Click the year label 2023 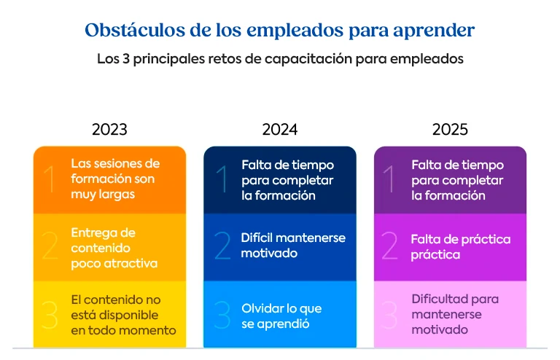pyautogui.click(x=109, y=130)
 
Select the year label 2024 pyautogui.click(x=280, y=130)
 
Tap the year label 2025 pyautogui.click(x=450, y=130)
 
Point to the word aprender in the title pyautogui.click(x=435, y=31)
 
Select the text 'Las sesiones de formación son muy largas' pyautogui.click(x=115, y=179)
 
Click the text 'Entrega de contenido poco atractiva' pyautogui.click(x=114, y=248)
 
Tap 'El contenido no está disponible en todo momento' pyautogui.click(x=123, y=316)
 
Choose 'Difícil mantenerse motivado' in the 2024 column pyautogui.click(x=293, y=246)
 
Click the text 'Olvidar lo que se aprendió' pyautogui.click(x=281, y=316)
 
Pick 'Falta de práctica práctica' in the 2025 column pyautogui.click(x=460, y=246)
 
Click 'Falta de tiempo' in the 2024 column pyautogui.click(x=287, y=165)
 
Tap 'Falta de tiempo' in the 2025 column pyautogui.click(x=457, y=165)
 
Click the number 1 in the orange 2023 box pyautogui.click(x=50, y=179)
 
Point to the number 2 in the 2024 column pyautogui.click(x=222, y=246)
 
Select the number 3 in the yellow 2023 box pyautogui.click(x=50, y=315)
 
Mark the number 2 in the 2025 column pyautogui.click(x=391, y=246)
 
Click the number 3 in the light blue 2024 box pyautogui.click(x=222, y=315)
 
